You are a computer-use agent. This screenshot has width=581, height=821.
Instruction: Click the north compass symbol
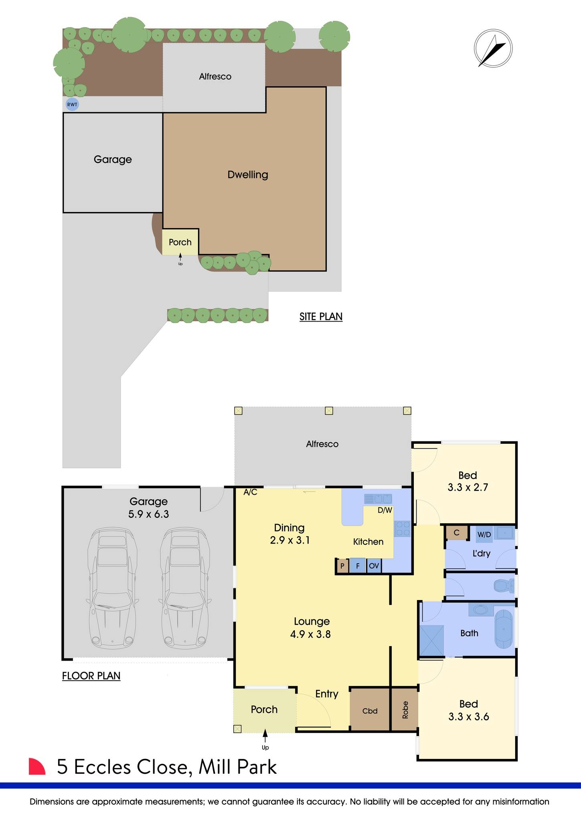(493, 49)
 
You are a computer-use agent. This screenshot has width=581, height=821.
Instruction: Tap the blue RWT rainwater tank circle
(72, 105)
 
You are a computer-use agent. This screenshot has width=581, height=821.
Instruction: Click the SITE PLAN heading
(321, 317)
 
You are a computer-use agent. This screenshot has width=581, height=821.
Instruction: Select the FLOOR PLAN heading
(91, 676)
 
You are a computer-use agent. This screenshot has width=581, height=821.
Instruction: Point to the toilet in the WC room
(504, 586)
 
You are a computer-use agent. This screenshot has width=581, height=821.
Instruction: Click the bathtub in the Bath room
(504, 629)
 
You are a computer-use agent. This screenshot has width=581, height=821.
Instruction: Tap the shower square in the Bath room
(432, 640)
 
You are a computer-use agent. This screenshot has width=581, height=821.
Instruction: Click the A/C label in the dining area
(250, 492)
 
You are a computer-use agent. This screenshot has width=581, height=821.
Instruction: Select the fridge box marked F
(358, 566)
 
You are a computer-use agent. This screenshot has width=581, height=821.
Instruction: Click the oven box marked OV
(374, 566)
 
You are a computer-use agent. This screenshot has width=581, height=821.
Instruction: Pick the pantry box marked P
(342, 566)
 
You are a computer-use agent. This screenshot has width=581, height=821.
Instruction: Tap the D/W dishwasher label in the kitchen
(385, 510)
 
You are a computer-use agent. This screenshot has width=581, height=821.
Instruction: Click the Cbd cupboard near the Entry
(370, 711)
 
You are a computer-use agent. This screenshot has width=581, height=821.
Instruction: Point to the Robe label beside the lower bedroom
(405, 710)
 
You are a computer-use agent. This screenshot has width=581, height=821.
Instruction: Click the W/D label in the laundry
(484, 535)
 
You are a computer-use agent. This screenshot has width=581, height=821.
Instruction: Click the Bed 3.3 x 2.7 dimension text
(468, 487)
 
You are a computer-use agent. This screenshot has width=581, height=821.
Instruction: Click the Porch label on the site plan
(180, 242)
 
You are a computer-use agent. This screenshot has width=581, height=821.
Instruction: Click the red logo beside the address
(36, 766)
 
